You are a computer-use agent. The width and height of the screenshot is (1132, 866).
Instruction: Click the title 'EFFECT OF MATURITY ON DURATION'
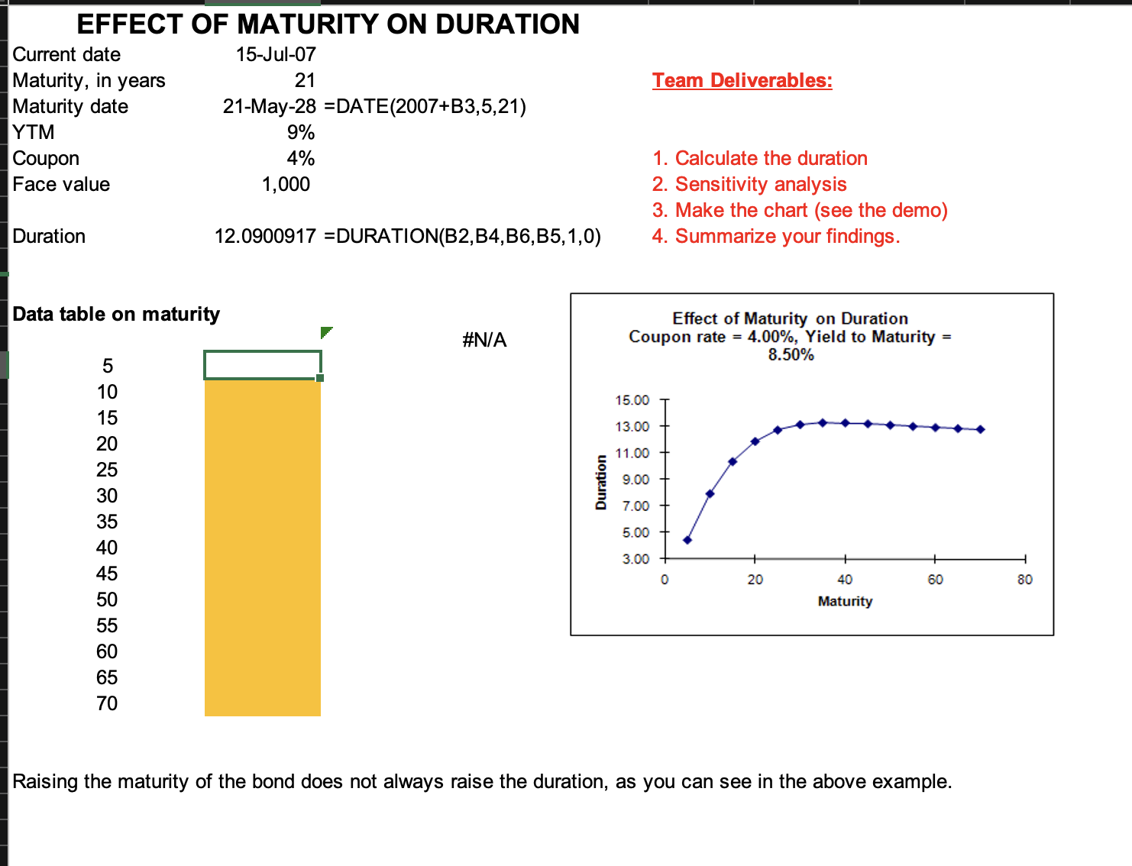point(328,24)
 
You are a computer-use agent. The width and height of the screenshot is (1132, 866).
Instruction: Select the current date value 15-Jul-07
point(276,54)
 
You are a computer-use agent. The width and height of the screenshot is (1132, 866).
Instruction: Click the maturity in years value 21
point(305,80)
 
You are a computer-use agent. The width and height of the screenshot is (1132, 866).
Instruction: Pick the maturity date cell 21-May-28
point(269,106)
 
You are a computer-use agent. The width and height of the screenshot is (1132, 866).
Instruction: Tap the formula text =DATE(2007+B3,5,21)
point(425,106)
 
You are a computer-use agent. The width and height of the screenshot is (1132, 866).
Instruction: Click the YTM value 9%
point(301,132)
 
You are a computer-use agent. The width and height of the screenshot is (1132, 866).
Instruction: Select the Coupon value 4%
point(301,158)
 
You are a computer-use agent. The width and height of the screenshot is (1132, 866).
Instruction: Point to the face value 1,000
point(286,184)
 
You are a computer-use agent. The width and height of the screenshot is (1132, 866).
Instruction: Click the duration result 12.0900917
point(265,236)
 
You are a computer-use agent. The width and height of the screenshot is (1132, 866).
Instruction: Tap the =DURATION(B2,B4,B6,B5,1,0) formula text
point(463,236)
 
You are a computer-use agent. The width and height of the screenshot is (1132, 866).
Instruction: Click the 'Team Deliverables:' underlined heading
point(742,80)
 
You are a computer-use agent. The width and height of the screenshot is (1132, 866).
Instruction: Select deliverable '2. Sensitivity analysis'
point(749,184)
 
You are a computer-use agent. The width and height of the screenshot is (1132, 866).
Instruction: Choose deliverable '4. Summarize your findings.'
point(776,236)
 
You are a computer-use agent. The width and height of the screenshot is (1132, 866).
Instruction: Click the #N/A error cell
point(484,340)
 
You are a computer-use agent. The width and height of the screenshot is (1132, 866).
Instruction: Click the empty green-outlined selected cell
point(262,365)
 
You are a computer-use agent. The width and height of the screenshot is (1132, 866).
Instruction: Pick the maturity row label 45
point(107,574)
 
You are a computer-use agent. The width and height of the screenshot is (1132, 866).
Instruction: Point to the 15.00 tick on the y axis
point(632,400)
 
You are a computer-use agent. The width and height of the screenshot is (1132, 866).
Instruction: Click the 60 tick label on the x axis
point(935,580)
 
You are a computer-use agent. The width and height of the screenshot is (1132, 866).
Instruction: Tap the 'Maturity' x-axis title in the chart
point(845,601)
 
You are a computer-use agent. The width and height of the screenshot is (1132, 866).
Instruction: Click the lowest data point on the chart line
point(687,540)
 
